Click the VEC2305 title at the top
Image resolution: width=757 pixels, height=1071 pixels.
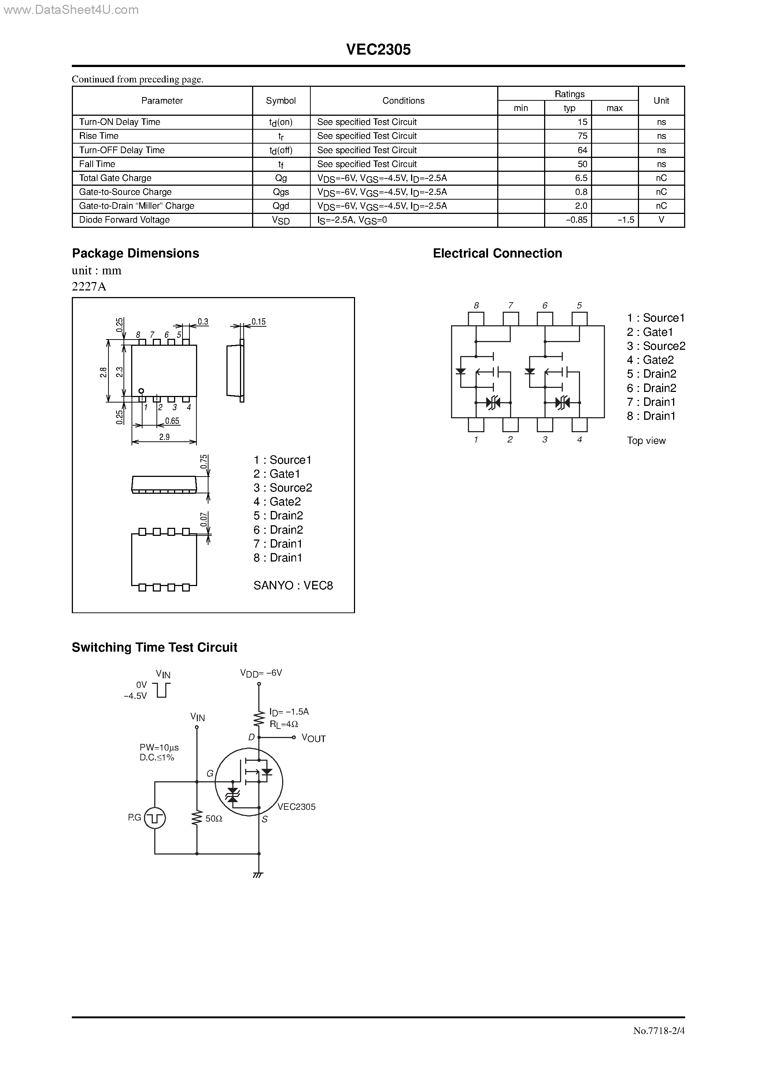click(x=378, y=50)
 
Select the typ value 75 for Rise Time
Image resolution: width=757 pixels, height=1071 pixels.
click(x=582, y=136)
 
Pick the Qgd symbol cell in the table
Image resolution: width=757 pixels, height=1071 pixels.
click(x=281, y=206)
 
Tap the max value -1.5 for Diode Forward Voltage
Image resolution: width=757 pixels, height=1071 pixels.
click(x=625, y=220)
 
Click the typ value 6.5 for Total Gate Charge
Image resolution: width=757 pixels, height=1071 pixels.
click(x=581, y=178)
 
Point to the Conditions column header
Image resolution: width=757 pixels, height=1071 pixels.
click(x=403, y=100)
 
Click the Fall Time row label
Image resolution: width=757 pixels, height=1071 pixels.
click(x=97, y=164)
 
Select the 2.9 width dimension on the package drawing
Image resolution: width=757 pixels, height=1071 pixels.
click(x=164, y=437)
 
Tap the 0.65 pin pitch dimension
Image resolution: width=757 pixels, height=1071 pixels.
click(x=172, y=421)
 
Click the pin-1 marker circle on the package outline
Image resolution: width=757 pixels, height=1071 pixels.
click(x=141, y=391)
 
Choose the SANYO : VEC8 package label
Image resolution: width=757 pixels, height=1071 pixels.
click(x=293, y=585)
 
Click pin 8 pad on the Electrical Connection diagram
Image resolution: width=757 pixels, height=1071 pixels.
click(x=476, y=319)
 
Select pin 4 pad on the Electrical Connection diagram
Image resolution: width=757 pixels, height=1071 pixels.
click(x=579, y=425)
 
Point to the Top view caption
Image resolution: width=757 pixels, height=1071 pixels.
click(x=646, y=441)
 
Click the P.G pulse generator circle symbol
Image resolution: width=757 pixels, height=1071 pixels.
click(x=155, y=818)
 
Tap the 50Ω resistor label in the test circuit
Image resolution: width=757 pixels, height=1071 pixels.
click(x=214, y=819)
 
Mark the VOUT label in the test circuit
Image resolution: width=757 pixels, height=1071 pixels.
click(x=314, y=738)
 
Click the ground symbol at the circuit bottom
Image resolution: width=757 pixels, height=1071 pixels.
click(x=258, y=875)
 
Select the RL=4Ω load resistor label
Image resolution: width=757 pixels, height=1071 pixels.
click(x=284, y=724)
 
